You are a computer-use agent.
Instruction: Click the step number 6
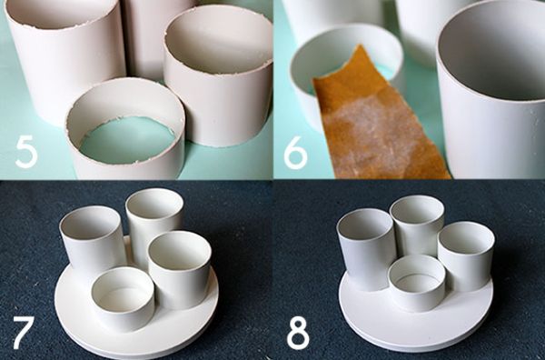[x=296, y=152]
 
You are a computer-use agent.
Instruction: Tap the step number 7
[x=22, y=333]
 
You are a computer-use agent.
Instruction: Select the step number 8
[x=297, y=333]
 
